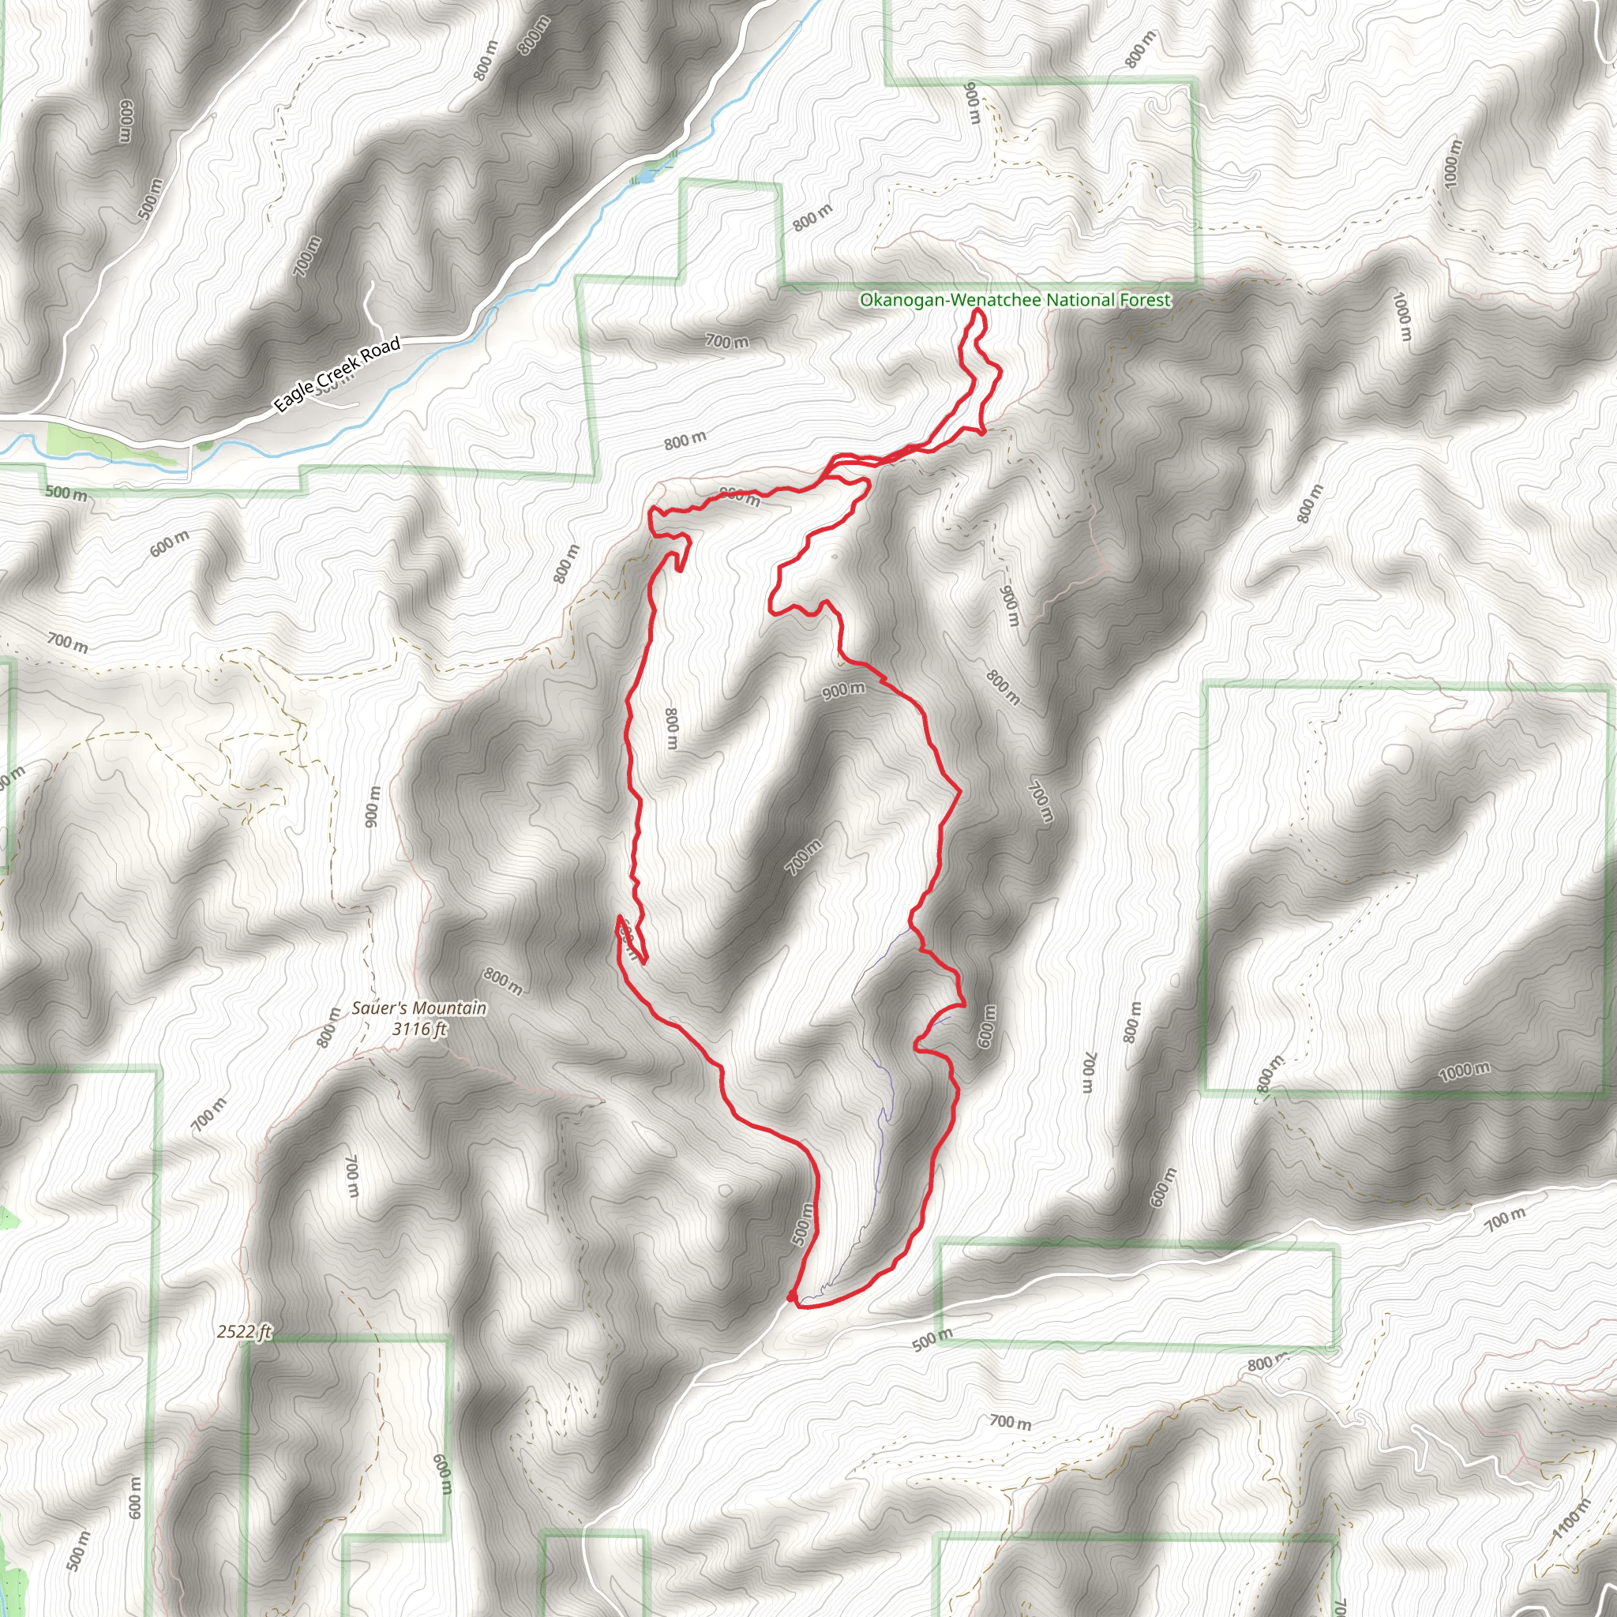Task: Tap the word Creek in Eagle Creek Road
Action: pyautogui.click(x=338, y=372)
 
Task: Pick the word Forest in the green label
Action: pyautogui.click(x=1145, y=299)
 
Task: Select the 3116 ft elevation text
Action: pyautogui.click(x=419, y=1029)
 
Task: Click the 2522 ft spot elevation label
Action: pyautogui.click(x=245, y=1330)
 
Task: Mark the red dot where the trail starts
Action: pyautogui.click(x=792, y=1296)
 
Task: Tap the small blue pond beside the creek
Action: pyautogui.click(x=646, y=177)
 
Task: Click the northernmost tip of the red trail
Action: pyautogui.click(x=977, y=310)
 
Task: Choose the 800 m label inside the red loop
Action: pyautogui.click(x=671, y=728)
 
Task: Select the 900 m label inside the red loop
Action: pyautogui.click(x=842, y=691)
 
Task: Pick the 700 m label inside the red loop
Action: pyautogui.click(x=803, y=858)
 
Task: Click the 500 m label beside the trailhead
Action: pyautogui.click(x=803, y=1224)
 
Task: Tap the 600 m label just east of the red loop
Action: pyautogui.click(x=987, y=1026)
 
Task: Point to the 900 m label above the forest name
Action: pyautogui.click(x=973, y=102)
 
